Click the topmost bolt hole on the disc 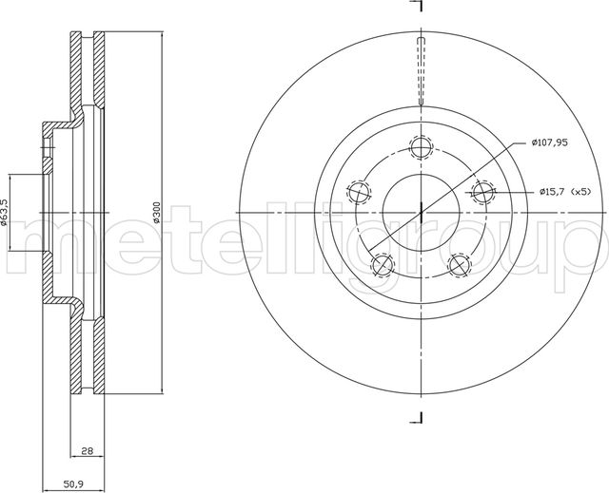420,147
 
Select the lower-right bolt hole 460,265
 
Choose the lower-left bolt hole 381,265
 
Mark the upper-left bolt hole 357,193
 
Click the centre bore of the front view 420,211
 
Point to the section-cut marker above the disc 416,8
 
